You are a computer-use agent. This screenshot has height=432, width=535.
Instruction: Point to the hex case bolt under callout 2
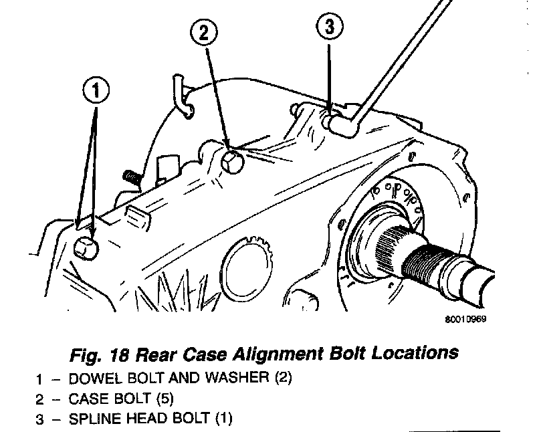(x=231, y=161)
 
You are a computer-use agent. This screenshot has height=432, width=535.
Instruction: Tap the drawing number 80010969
(x=465, y=319)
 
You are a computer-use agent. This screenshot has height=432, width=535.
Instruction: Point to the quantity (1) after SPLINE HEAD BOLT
(x=222, y=419)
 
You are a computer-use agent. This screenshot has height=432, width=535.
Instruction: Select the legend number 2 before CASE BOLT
(x=40, y=399)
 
